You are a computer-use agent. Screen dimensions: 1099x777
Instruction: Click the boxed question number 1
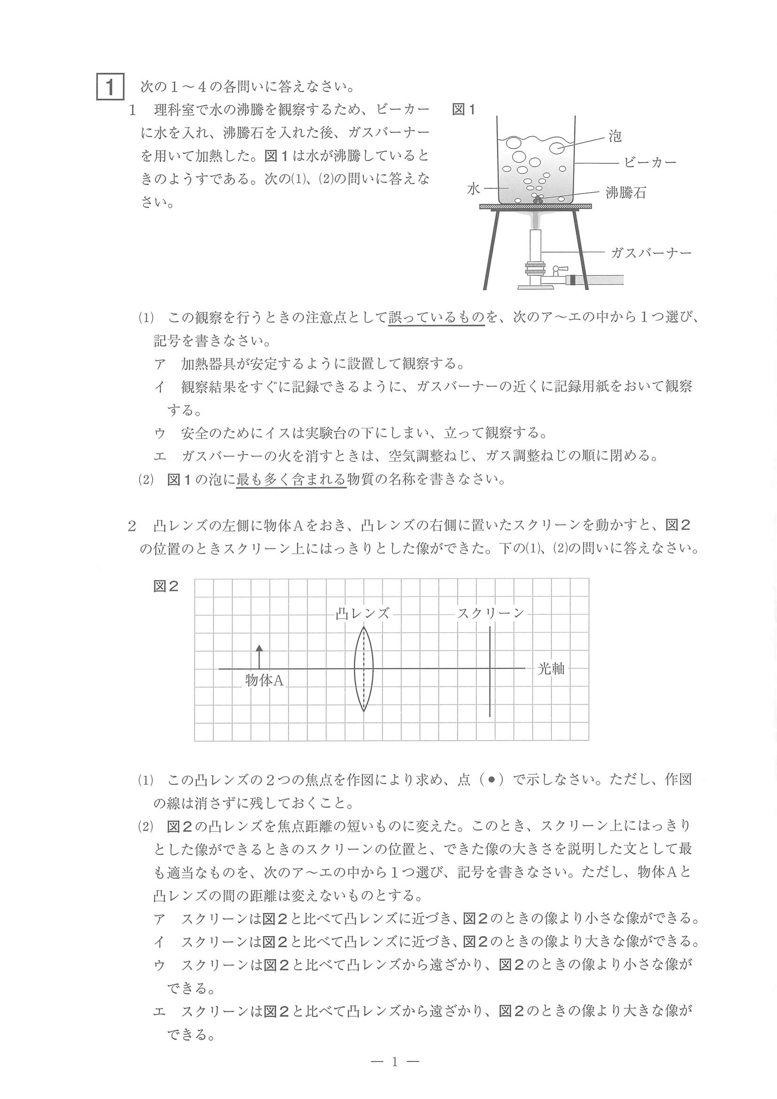[110, 86]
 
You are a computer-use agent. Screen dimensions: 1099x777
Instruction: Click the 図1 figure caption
[463, 109]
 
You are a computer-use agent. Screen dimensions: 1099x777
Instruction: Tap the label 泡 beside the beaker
[615, 136]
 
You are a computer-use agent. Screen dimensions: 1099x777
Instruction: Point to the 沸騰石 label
[626, 193]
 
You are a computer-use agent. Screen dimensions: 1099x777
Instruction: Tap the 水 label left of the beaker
[473, 189]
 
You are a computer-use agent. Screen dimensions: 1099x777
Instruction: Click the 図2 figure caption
[166, 586]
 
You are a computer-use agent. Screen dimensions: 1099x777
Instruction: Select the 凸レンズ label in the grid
[362, 613]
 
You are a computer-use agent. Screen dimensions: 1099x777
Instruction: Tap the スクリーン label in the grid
[491, 613]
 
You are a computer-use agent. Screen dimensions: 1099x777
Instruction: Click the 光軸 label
[551, 669]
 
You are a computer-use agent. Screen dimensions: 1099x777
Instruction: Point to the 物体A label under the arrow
[264, 680]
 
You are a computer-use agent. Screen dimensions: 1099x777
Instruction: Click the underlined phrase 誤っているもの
[436, 317]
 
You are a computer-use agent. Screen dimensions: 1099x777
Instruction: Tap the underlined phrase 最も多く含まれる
[291, 479]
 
